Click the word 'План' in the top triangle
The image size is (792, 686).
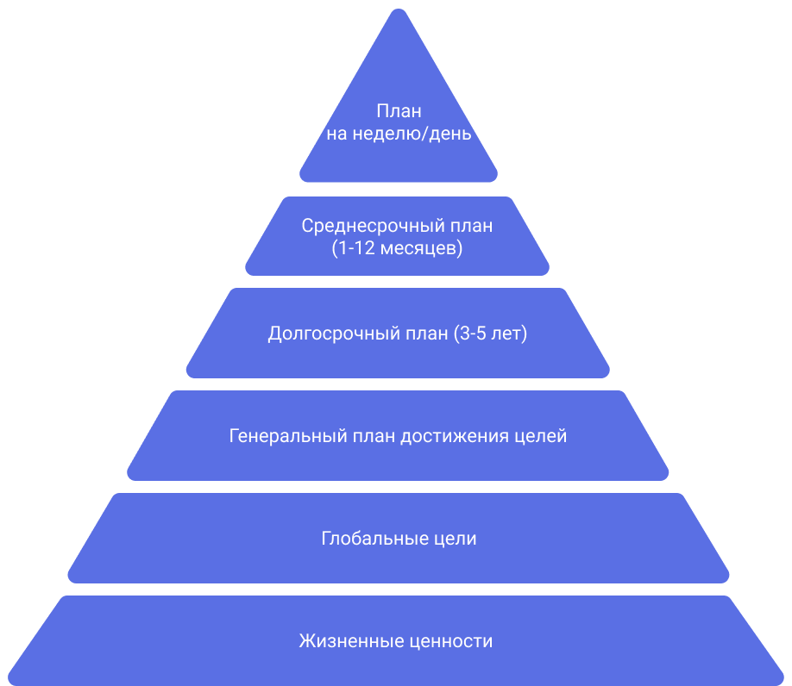399,112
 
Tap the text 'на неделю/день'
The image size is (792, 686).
399,134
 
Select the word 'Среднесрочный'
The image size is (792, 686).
373,226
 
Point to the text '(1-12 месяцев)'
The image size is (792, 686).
397,248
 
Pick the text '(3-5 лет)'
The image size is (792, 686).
489,334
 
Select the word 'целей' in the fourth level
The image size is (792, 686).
541,436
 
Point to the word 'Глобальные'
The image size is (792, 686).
372,539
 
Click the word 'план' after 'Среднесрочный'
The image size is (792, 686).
471,226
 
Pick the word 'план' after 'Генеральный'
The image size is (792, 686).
373,436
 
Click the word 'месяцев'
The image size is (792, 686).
418,248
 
